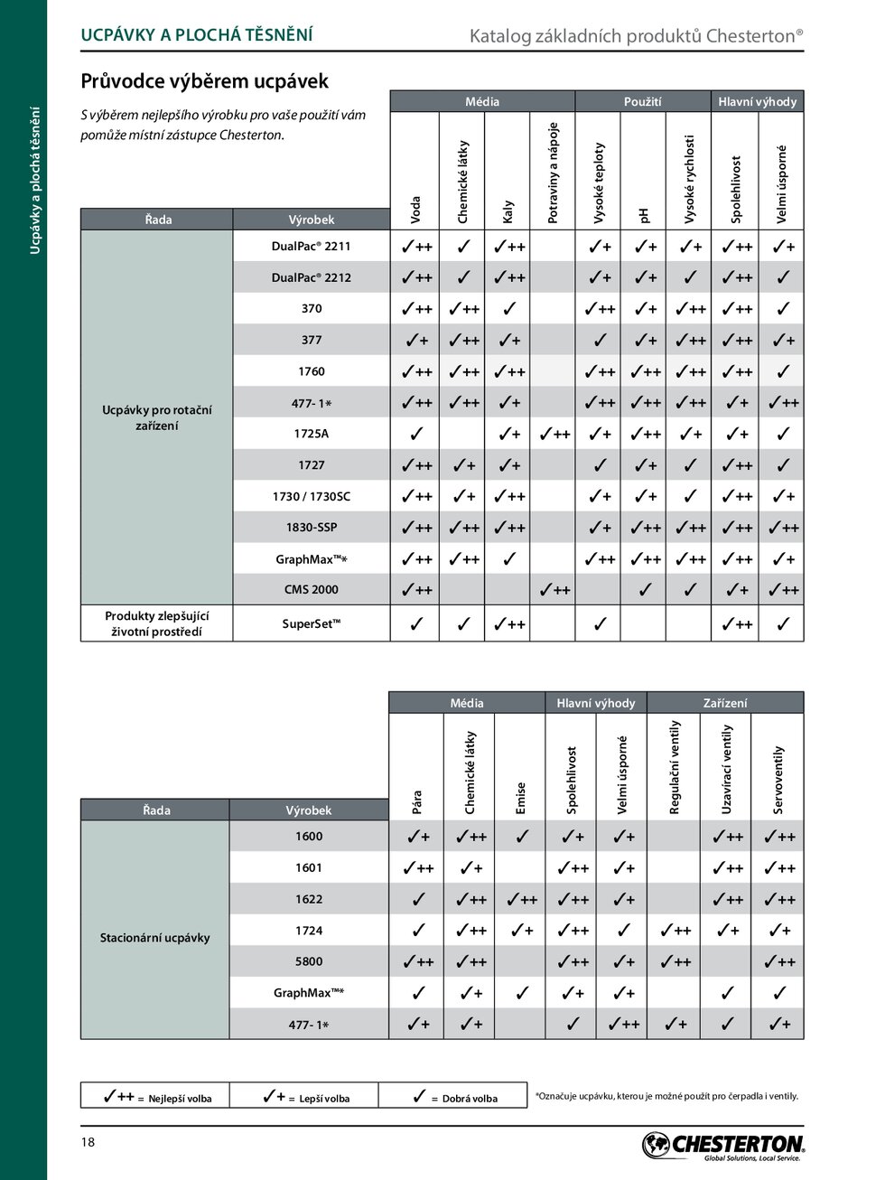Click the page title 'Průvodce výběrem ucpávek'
(204, 81)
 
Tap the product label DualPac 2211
(311, 247)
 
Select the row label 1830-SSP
(311, 528)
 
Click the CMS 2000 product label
(311, 590)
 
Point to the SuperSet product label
(311, 624)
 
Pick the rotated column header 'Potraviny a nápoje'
(553, 173)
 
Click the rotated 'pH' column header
(644, 215)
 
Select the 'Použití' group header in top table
(642, 102)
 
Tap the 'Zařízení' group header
(725, 703)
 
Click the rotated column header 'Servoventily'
(778, 780)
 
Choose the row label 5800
(309, 962)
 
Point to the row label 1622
(309, 900)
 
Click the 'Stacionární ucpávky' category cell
(154, 938)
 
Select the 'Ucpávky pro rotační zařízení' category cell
(156, 417)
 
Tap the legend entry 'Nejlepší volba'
(157, 1097)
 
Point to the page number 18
(88, 1142)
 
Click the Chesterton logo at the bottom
(722, 1146)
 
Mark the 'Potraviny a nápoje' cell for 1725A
(553, 435)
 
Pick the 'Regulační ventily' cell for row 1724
(675, 931)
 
